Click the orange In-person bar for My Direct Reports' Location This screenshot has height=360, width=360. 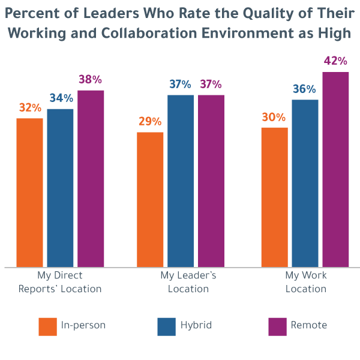pos(29,192)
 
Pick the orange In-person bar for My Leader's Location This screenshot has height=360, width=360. pos(150,199)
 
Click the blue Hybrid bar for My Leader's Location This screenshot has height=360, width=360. pos(181,181)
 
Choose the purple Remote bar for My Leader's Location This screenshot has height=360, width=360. pos(211,181)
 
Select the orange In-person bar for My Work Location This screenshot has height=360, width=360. pos(274,197)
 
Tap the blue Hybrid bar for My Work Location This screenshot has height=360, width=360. pos(305,183)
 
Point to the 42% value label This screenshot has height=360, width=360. pos(336,61)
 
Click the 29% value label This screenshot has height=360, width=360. pos(150,122)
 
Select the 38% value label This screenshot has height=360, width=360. pos(91,79)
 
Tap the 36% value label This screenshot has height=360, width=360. pos(304,89)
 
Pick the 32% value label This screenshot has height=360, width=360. pos(30,108)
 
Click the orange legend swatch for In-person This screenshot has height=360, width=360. pos(47,326)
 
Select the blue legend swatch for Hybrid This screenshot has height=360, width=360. pos(166,326)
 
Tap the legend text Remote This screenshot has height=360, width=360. pos(309,326)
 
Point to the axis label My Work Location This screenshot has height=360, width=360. pos(305,282)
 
